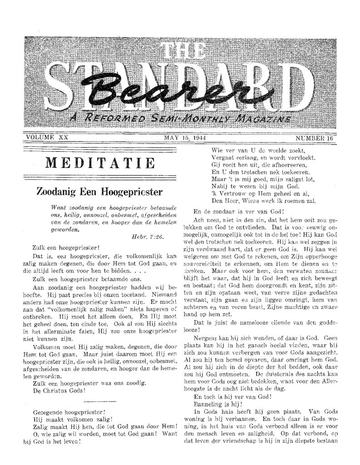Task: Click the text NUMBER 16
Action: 315,137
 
